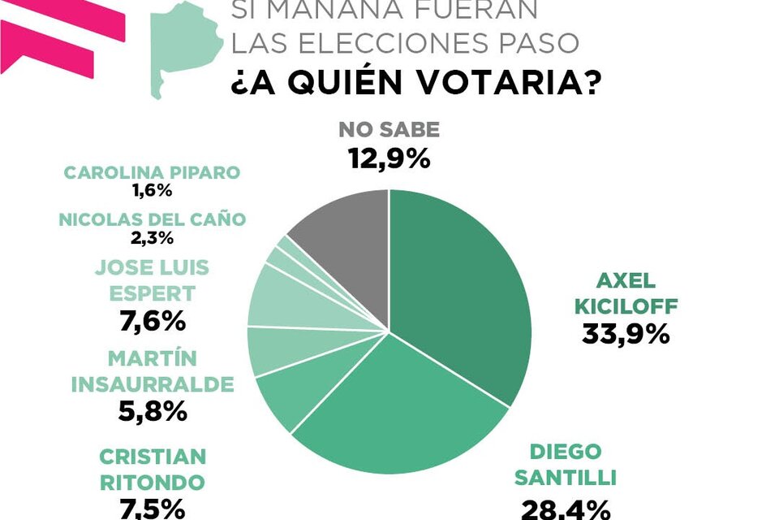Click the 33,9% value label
[x=625, y=333]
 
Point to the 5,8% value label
[x=153, y=411]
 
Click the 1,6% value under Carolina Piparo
[x=153, y=191]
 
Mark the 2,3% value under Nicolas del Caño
[x=153, y=237]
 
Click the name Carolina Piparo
[x=153, y=173]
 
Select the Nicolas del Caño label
[x=153, y=219]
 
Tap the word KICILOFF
[x=625, y=307]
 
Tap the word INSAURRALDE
[x=153, y=383]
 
